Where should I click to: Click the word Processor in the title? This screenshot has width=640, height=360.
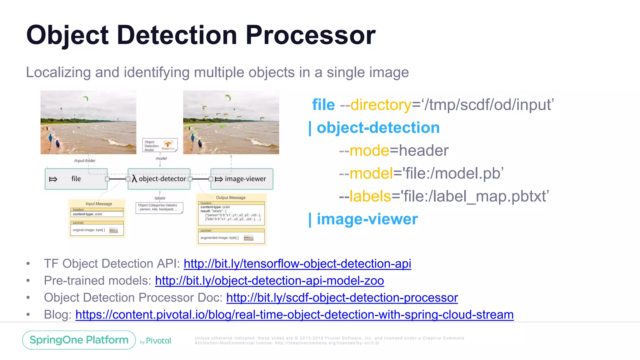tap(310, 35)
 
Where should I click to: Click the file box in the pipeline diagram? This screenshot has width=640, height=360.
tap(76, 179)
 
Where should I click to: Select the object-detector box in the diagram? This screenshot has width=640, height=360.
tap(159, 179)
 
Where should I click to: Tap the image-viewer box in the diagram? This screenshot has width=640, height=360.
tap(242, 179)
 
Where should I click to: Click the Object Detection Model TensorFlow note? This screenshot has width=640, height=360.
tap(160, 145)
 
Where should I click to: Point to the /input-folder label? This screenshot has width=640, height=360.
tap(85, 161)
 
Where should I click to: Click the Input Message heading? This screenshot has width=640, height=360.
tap(99, 204)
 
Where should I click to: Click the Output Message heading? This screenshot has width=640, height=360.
tap(231, 197)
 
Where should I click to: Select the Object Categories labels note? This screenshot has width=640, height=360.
tap(159, 207)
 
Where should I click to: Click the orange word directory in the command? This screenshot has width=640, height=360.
tap(381, 105)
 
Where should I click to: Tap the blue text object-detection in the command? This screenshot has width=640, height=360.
tap(378, 127)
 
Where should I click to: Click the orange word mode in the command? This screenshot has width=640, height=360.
tap(369, 151)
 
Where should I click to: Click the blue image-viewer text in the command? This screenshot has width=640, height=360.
tap(367, 219)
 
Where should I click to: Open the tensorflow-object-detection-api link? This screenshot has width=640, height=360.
tap(297, 264)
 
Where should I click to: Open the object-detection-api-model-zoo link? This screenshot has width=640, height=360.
tap(269, 281)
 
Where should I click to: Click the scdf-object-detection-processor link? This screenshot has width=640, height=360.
tap(342, 298)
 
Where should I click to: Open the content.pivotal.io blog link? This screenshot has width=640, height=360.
tap(294, 315)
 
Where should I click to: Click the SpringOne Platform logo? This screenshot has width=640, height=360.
tap(79, 340)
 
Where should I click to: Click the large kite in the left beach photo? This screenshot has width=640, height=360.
tap(85, 98)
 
